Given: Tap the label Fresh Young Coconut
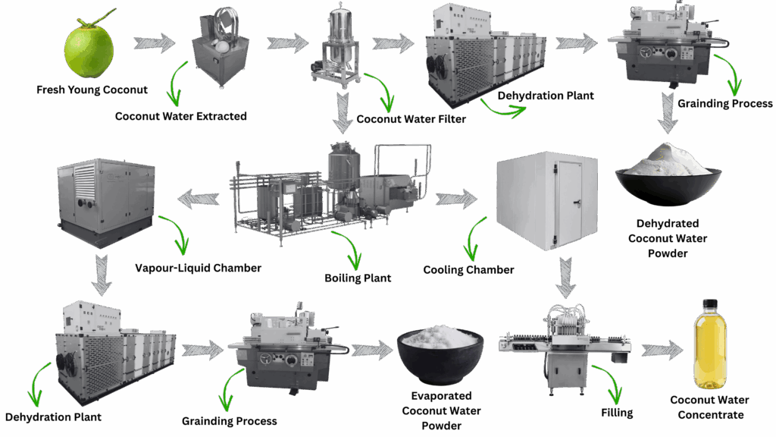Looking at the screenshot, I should click(92, 90).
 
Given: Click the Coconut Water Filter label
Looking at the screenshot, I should click(411, 118).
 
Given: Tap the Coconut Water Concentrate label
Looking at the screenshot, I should click(710, 407).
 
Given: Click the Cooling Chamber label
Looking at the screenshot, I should click(468, 269).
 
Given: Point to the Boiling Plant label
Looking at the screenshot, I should click(358, 278).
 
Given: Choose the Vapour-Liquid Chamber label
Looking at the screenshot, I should click(199, 267).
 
